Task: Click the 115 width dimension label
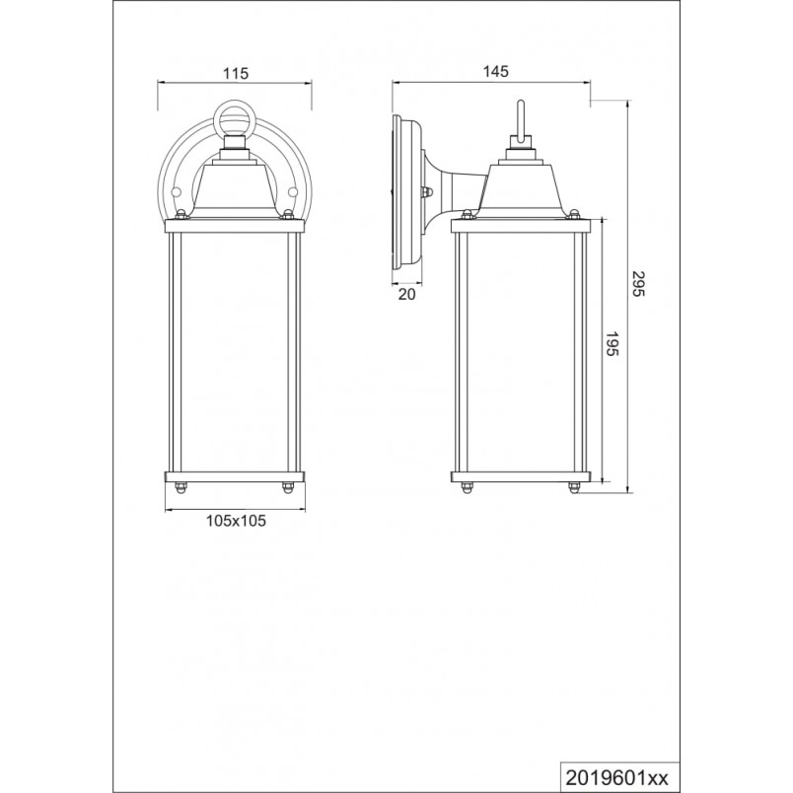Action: pyautogui.click(x=236, y=73)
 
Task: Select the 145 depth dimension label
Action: pyautogui.click(x=495, y=71)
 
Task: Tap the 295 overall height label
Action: pyautogui.click(x=639, y=284)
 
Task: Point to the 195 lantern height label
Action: pyautogui.click(x=612, y=344)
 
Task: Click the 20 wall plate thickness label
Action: pyautogui.click(x=406, y=294)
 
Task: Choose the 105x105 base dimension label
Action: pyautogui.click(x=236, y=521)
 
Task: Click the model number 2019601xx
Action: pyautogui.click(x=617, y=777)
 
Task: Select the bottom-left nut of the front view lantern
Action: pyautogui.click(x=180, y=487)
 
